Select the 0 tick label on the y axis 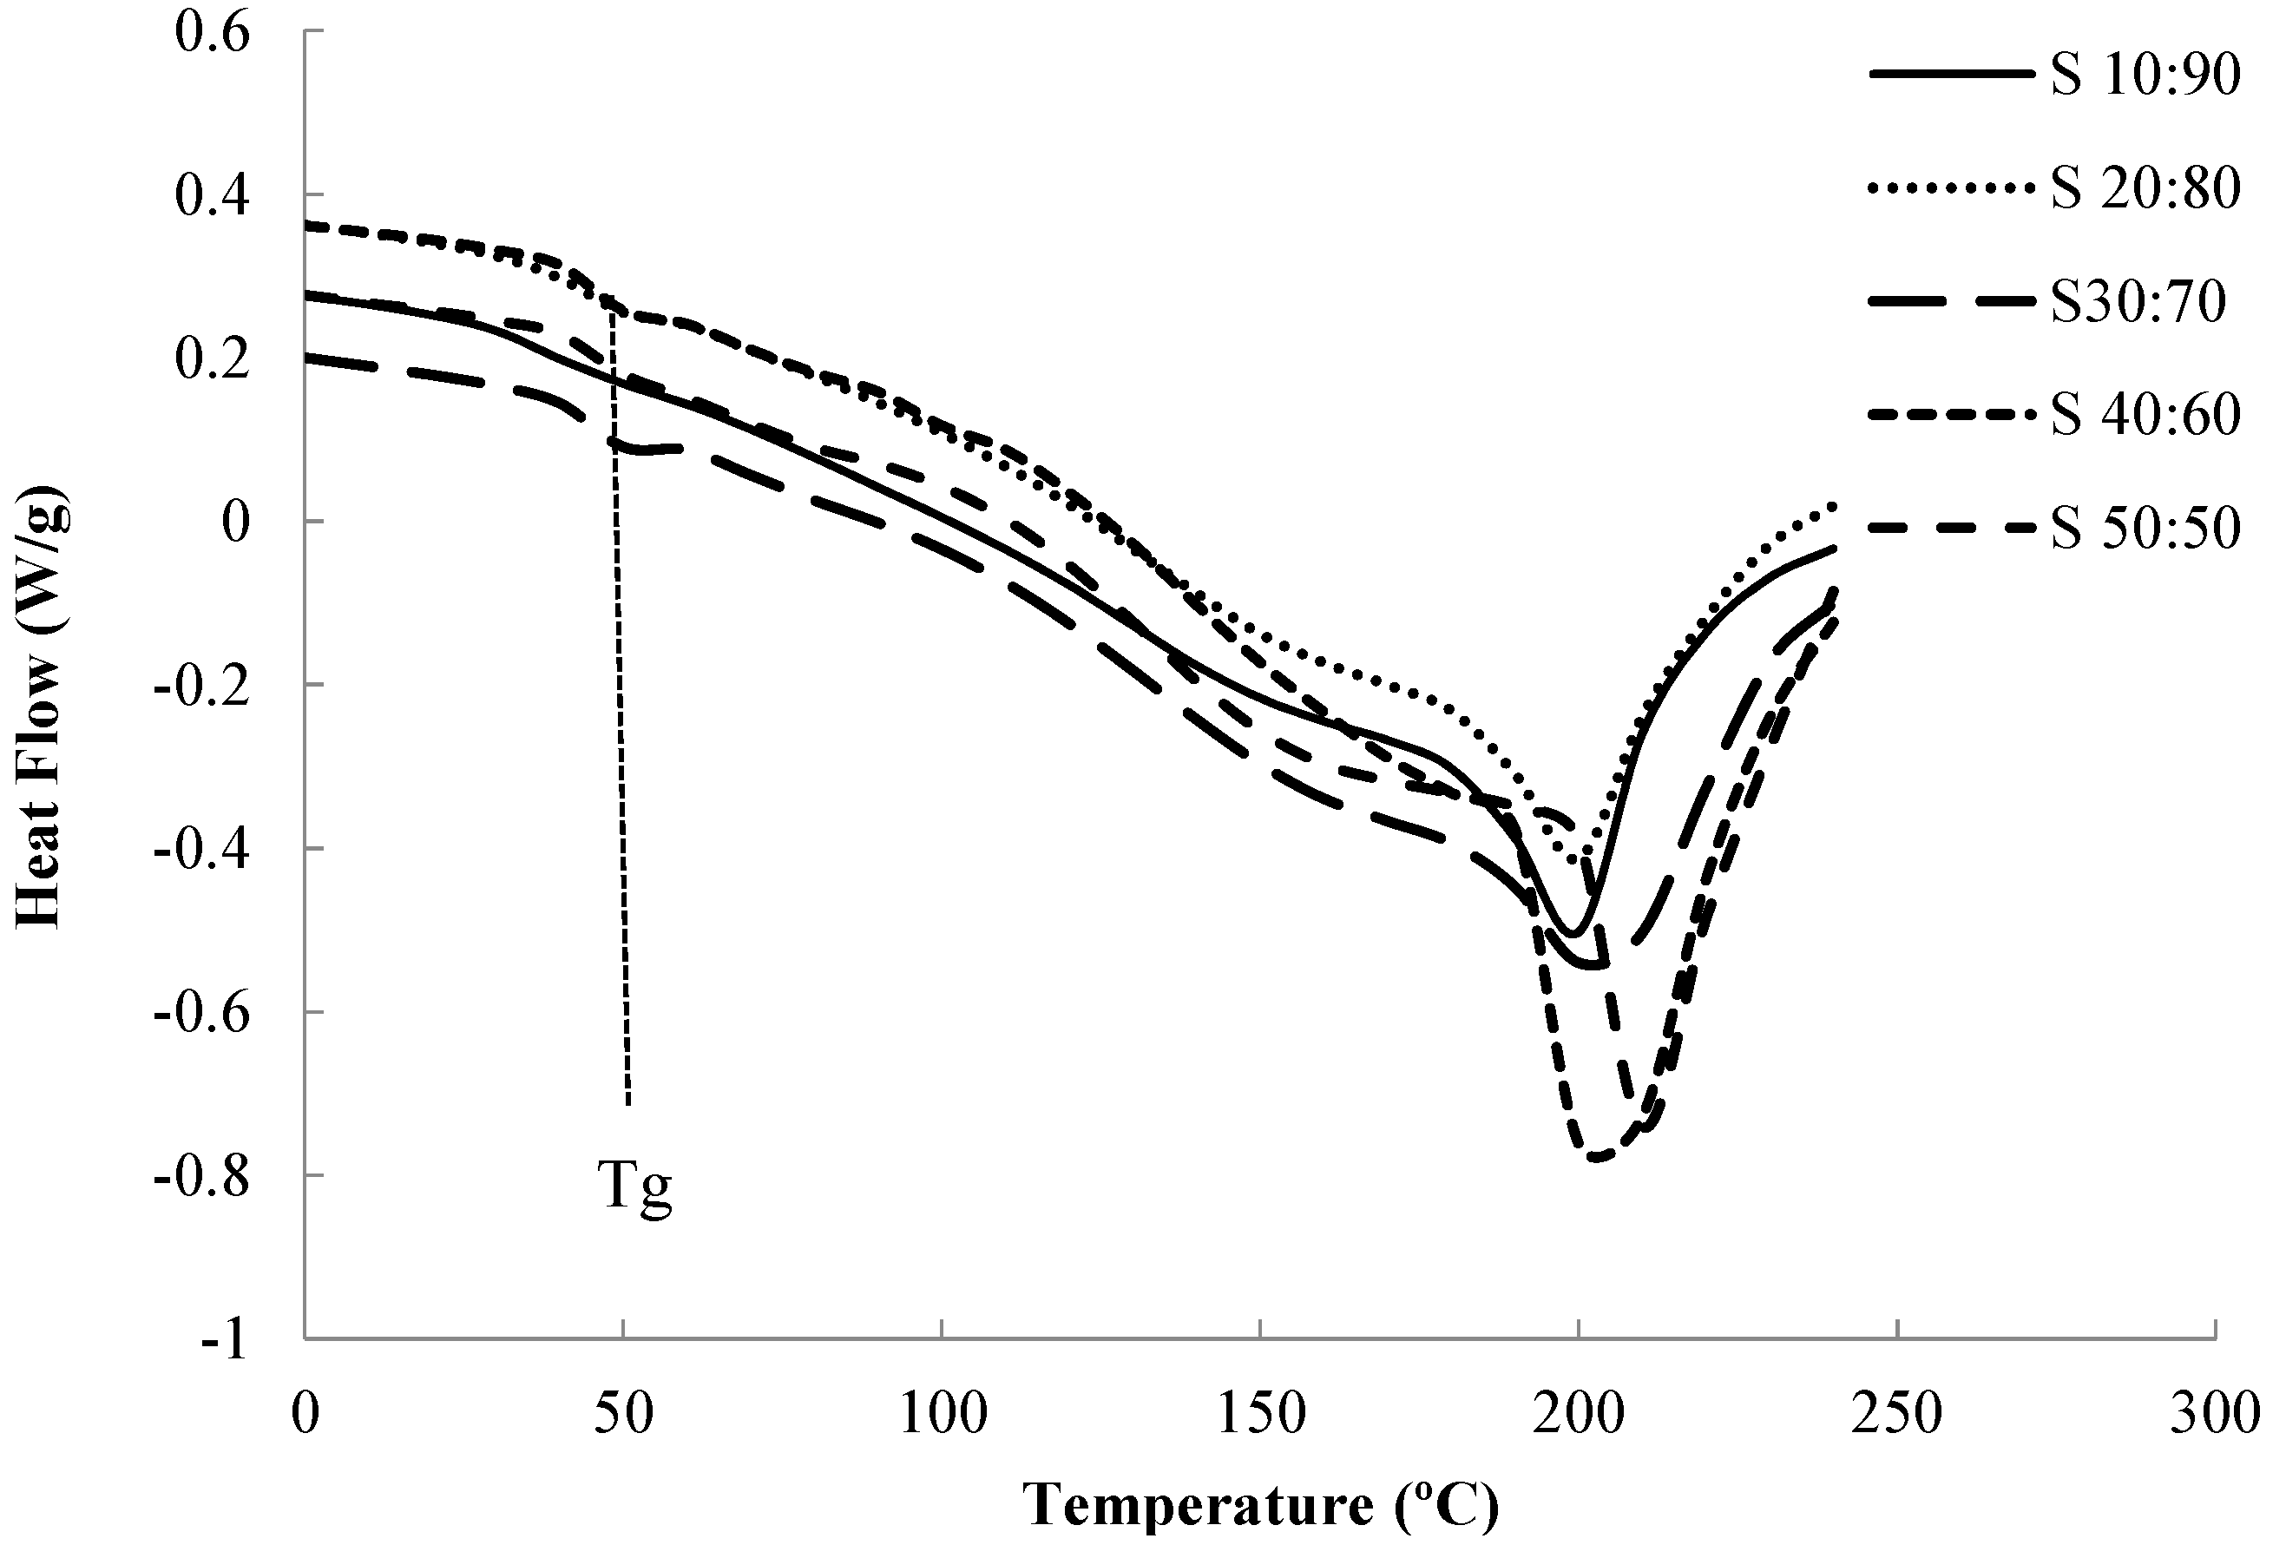point(235,522)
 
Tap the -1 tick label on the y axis point(223,1339)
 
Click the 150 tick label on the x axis point(1260,1414)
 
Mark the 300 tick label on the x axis point(2214,1414)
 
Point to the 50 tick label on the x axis point(624,1414)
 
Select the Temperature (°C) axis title point(1260,1503)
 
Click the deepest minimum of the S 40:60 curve point(1595,1158)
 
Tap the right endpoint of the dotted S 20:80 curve point(1833,505)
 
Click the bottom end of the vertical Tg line point(628,1103)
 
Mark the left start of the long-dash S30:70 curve point(308,358)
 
